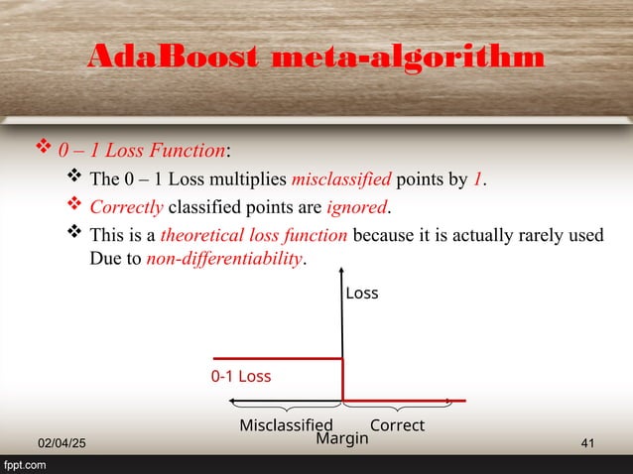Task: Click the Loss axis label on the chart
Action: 362,294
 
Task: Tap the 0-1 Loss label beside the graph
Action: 241,377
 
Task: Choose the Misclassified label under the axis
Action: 286,425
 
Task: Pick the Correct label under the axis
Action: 397,425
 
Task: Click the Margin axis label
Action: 341,438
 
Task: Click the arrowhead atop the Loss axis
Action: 342,271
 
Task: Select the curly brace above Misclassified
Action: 286,409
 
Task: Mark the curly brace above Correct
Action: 397,409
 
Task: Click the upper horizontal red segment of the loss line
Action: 278,359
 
